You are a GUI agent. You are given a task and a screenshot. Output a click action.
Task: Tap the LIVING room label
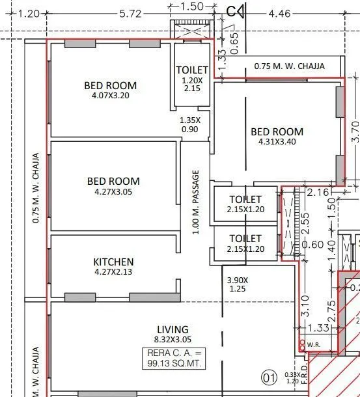173,329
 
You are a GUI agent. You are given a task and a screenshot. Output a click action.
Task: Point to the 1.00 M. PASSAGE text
195,202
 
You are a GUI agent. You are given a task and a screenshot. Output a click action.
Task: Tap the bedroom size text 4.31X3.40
277,143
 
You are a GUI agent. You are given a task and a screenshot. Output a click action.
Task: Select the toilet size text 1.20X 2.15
192,85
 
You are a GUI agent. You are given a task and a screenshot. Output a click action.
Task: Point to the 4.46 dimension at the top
280,13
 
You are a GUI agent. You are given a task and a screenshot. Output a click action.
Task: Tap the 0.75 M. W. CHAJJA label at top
289,66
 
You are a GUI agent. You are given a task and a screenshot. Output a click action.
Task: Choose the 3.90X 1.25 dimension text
238,284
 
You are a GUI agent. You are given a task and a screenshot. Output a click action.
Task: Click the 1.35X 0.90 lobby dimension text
190,124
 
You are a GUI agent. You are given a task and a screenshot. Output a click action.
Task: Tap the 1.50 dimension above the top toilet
191,7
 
